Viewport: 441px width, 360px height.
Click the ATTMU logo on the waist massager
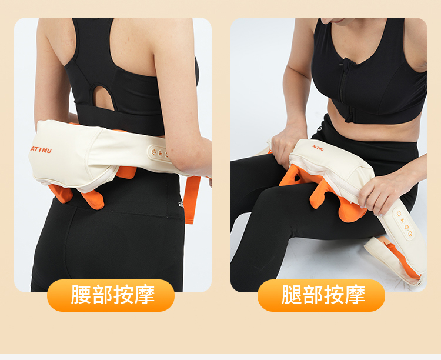41,150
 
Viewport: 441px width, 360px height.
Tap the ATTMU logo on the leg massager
318,148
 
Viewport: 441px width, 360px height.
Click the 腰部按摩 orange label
111,295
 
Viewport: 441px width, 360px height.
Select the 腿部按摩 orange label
321,295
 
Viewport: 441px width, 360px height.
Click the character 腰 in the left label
81,295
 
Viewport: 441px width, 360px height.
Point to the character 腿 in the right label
292,295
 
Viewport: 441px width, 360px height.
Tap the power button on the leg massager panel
410,234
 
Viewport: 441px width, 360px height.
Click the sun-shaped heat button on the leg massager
399,214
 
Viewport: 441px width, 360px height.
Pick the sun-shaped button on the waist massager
154,152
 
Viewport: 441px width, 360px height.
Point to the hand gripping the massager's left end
285,148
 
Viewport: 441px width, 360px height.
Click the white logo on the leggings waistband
181,204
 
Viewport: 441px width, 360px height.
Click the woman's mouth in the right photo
337,21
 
